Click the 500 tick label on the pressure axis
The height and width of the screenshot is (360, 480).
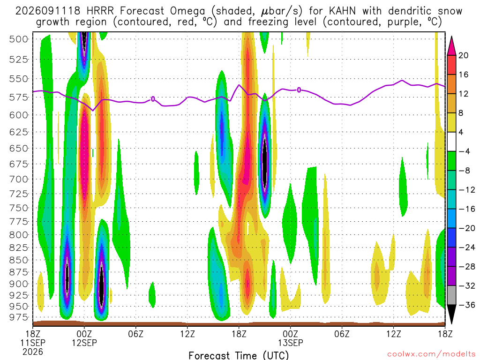[x=18, y=39]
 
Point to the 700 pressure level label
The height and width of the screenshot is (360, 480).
[x=18, y=179]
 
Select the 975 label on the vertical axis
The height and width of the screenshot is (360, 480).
[x=18, y=317]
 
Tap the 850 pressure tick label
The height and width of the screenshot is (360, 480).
[x=18, y=260]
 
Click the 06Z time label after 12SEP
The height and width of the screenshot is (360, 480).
[x=136, y=334]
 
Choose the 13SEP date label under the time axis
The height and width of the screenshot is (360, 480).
[x=291, y=343]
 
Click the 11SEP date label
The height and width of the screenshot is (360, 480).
[x=33, y=343]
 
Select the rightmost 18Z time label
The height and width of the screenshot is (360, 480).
[x=445, y=334]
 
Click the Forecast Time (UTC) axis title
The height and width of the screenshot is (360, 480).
[x=239, y=355]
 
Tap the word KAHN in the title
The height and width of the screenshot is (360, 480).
[x=342, y=11]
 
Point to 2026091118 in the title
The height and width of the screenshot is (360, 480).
[x=48, y=11]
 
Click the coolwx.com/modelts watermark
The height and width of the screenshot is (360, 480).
[x=431, y=354]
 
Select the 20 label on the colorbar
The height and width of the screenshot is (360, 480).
[x=463, y=55]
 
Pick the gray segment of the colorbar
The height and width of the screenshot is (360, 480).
[x=451, y=295]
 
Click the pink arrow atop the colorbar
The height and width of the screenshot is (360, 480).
[x=451, y=46]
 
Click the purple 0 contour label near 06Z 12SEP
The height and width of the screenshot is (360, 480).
[x=153, y=99]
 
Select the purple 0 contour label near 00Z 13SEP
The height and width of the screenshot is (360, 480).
[x=299, y=90]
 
